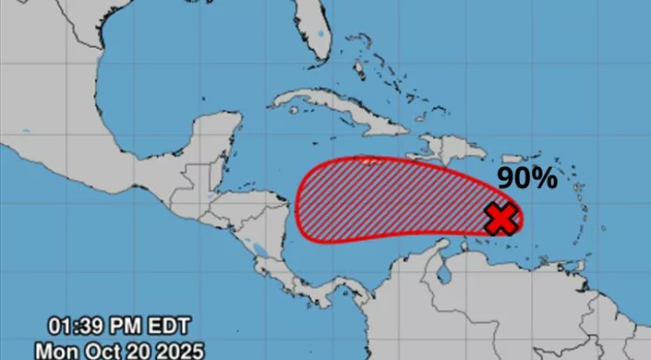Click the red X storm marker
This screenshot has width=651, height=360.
click(x=502, y=219)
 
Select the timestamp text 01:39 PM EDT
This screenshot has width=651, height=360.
click(x=121, y=326)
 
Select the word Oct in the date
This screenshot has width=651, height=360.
click(x=96, y=350)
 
